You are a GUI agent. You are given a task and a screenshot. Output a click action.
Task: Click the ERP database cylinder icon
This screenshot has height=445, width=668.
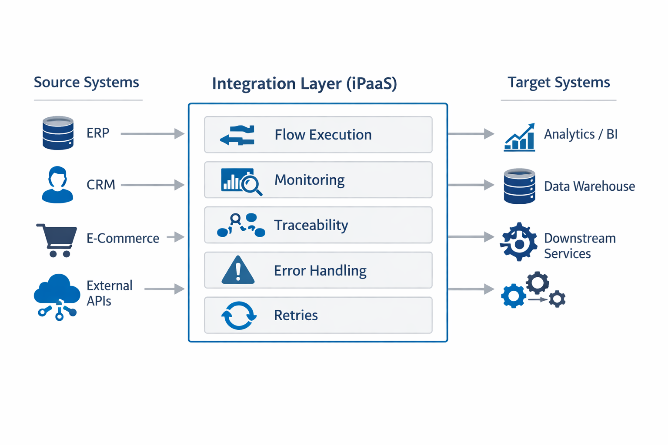coord(58,133)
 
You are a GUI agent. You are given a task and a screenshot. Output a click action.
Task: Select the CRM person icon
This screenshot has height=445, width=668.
coord(57,185)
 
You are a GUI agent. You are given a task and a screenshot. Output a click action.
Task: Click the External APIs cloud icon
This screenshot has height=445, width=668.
coord(57,296)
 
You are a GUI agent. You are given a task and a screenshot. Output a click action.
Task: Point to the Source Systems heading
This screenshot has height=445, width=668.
coord(86,82)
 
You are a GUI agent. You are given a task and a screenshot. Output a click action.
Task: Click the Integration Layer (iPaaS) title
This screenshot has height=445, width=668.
coord(304,83)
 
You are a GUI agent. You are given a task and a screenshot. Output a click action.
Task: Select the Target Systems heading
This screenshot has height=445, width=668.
coord(558,82)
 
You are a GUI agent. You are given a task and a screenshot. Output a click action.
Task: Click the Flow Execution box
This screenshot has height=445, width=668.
coord(318,135)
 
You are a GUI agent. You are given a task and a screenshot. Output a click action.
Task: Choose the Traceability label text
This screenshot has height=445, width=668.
coord(311,225)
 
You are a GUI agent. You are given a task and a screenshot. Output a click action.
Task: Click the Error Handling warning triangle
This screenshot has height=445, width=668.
coord(238,270)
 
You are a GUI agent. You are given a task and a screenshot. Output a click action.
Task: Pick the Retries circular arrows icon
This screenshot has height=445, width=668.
coord(238,315)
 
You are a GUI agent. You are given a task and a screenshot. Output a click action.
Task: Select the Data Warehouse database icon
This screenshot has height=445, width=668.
coord(519,186)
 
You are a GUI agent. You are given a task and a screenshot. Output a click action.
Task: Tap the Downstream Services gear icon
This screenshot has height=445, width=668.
coord(518,242)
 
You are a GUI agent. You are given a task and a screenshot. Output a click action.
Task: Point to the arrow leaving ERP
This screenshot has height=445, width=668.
coord(152,134)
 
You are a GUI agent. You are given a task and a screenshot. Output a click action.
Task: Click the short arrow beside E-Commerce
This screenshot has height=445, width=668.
coord(176,237)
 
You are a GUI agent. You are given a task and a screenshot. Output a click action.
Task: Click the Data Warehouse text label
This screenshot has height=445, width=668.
coord(589,186)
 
